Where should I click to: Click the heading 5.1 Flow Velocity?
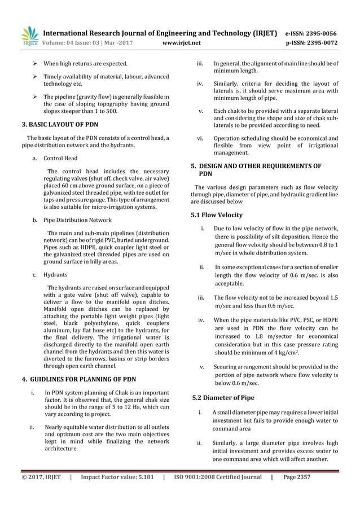click(217, 215)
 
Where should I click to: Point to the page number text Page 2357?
click(297, 477)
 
